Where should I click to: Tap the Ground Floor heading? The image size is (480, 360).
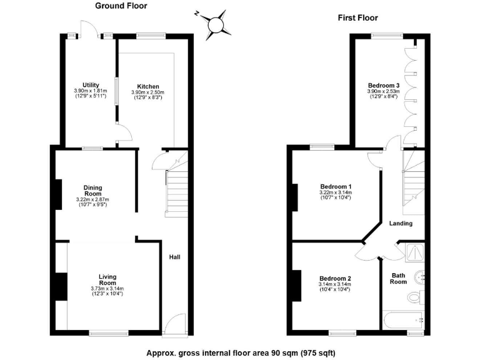coord(121,6)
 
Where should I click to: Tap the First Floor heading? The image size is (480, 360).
coord(358,18)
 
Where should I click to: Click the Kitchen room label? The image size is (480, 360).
coord(147,86)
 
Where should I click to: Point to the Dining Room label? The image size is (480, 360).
coord(92,191)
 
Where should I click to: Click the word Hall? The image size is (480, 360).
coord(174,257)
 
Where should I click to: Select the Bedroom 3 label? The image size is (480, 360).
coord(383,85)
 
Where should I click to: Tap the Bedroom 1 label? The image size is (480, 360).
coord(336,186)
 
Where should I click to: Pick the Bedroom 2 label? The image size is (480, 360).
coord(335,278)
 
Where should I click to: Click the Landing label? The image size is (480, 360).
coord(401,223)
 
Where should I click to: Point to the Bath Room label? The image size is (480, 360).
coord(399,278)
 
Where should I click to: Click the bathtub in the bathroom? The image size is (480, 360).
coord(403,321)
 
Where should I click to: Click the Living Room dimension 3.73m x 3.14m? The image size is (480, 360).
coord(107,288)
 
